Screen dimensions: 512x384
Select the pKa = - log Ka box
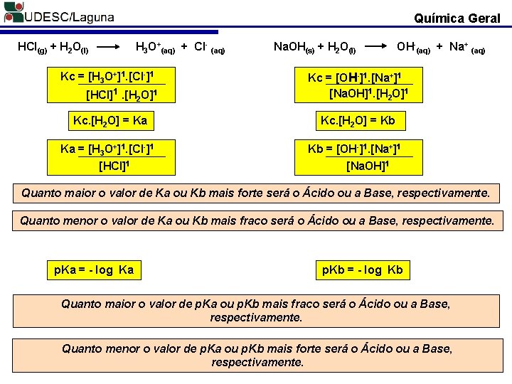pos(94,270)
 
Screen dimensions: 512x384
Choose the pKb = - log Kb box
pos(362,270)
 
